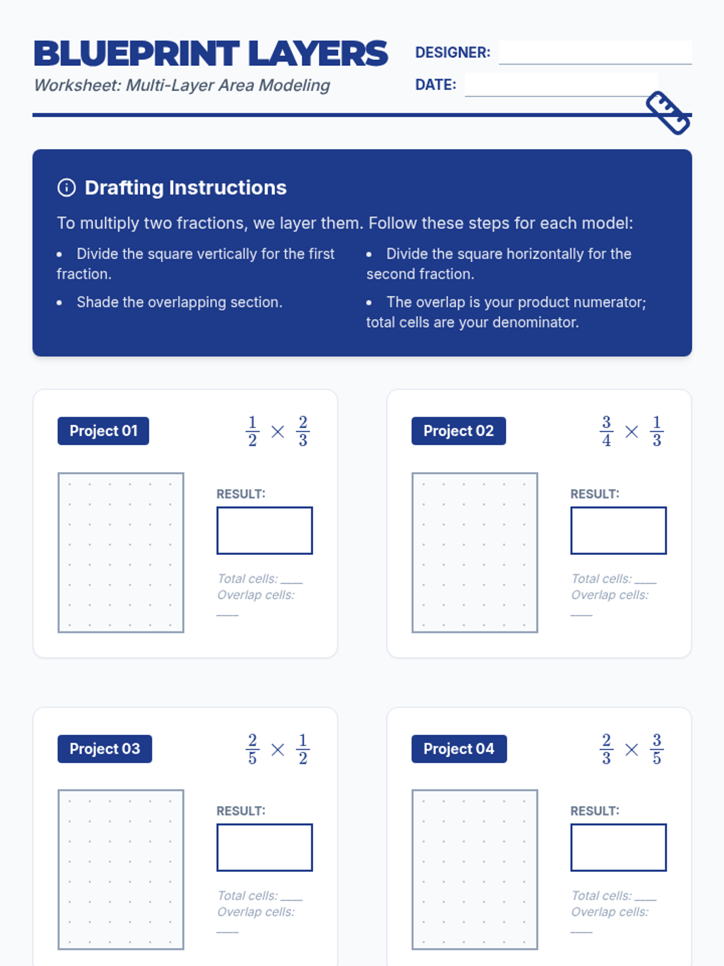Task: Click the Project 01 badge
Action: (x=103, y=431)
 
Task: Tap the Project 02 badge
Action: (x=459, y=431)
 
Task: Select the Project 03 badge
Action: (x=104, y=749)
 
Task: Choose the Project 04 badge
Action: (x=459, y=749)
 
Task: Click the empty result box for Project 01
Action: (x=264, y=530)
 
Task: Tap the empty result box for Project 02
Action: (x=618, y=530)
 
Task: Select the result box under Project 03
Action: (x=264, y=847)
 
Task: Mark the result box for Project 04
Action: (x=618, y=847)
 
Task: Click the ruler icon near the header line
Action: (x=668, y=112)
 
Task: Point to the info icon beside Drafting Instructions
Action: (x=66, y=188)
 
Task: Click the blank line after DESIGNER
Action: (x=595, y=53)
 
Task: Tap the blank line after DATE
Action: (x=561, y=85)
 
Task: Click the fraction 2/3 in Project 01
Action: (x=303, y=431)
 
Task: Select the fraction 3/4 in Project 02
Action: (x=606, y=431)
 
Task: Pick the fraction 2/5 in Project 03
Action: (x=252, y=749)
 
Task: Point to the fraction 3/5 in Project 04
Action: (x=657, y=749)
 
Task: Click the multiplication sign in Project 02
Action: (x=632, y=432)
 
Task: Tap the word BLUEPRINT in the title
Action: (x=136, y=54)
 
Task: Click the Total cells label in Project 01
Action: (x=247, y=578)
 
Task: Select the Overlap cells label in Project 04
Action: (x=610, y=912)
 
